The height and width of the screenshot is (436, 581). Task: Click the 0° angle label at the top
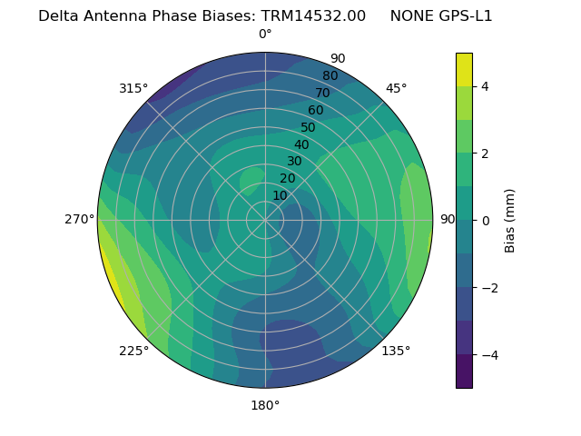[265, 35]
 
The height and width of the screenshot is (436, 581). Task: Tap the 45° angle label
[397, 88]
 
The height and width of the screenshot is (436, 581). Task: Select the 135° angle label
[396, 351]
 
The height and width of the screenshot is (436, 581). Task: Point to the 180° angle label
[265, 405]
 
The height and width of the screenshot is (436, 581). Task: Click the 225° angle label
[133, 352]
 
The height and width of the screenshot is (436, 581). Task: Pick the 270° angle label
[80, 220]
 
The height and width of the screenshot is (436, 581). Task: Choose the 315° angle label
[133, 88]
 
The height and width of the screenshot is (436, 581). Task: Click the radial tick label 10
[280, 195]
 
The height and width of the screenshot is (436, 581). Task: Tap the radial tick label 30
[294, 162]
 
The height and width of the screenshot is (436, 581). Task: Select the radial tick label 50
[308, 128]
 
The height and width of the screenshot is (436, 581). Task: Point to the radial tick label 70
[322, 94]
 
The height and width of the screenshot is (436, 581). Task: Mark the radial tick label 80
[330, 76]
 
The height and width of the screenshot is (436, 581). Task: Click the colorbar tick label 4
[486, 86]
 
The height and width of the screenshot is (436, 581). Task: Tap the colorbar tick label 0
[486, 221]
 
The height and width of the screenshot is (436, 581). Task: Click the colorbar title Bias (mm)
[510, 221]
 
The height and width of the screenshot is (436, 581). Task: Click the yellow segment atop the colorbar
[464, 70]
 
